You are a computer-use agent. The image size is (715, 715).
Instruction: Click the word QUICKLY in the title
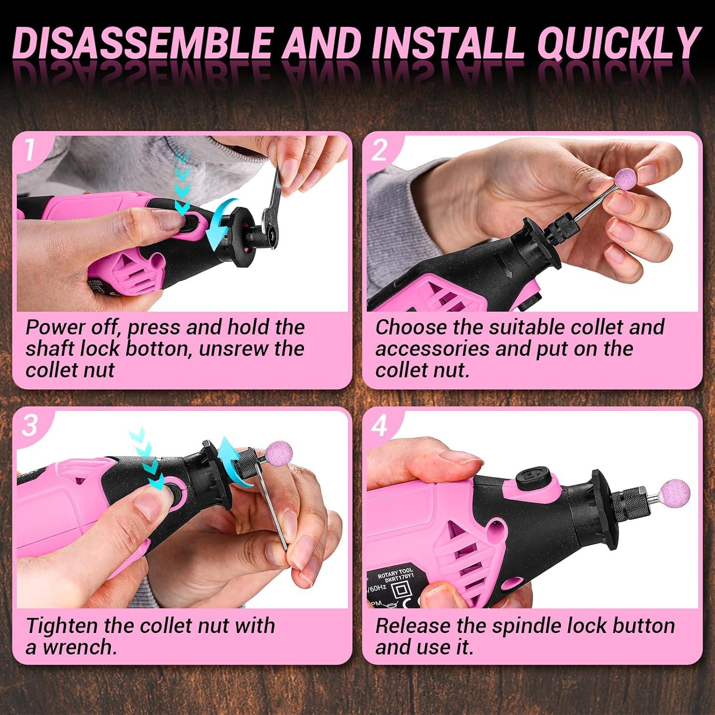click(x=619, y=43)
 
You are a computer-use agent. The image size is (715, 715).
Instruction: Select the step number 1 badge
click(x=30, y=150)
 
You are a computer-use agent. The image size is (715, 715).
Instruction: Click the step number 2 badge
click(x=379, y=150)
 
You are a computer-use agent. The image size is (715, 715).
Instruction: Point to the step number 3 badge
click(x=30, y=425)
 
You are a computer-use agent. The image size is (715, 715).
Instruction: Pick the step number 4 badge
click(x=379, y=425)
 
